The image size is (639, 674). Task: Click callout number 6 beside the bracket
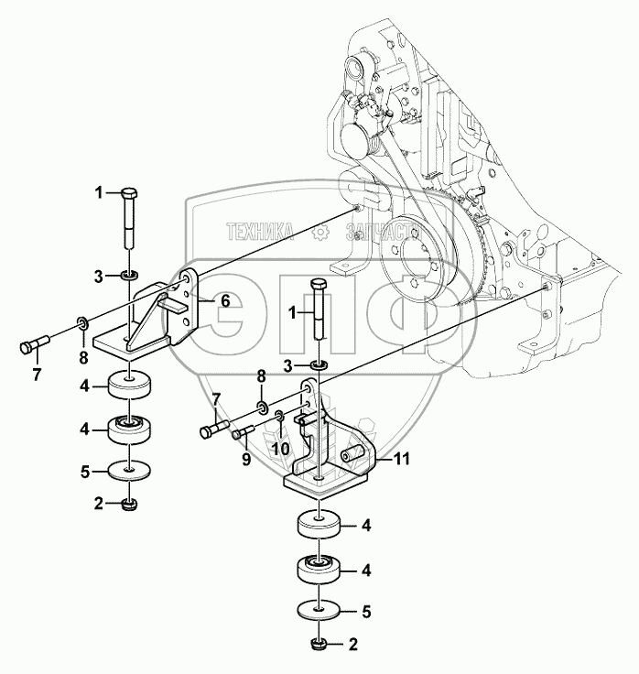pyautogui.click(x=225, y=300)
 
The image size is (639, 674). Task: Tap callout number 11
pyautogui.click(x=403, y=461)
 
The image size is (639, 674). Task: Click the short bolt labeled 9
pyautogui.click(x=244, y=433)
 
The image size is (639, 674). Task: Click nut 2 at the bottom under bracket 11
pyautogui.click(x=318, y=644)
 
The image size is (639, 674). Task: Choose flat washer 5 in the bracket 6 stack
pyautogui.click(x=129, y=471)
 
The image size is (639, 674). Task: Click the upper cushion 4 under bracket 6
pyautogui.click(x=129, y=386)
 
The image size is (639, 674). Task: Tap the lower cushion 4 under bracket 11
pyautogui.click(x=318, y=571)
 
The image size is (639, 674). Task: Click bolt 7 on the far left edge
pyautogui.click(x=32, y=347)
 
